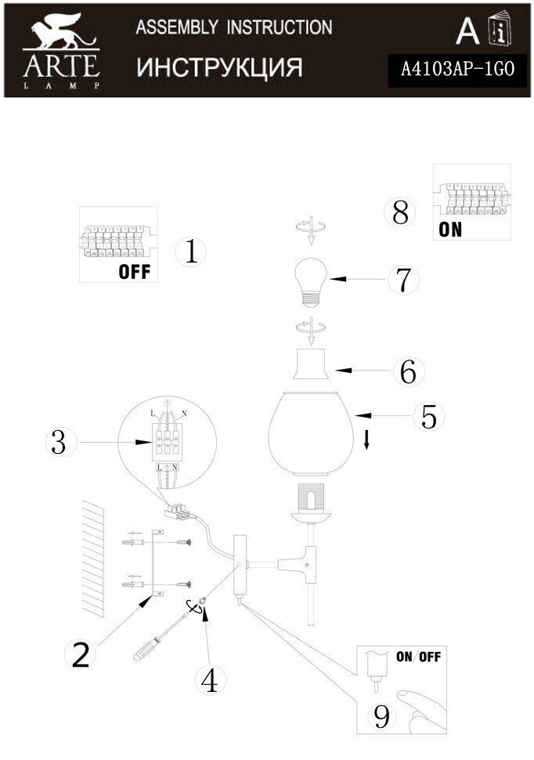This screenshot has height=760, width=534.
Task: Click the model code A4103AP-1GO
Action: tap(456, 70)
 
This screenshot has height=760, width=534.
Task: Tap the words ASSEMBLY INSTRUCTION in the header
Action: tap(233, 27)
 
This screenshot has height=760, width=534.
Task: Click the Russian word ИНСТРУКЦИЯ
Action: tap(219, 68)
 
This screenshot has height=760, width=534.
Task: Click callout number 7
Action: tap(402, 280)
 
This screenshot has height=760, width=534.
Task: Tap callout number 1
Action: tap(191, 252)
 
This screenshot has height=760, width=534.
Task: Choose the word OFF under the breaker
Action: tap(133, 273)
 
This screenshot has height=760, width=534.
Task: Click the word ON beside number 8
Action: tap(450, 230)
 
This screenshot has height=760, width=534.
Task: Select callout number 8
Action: tap(401, 212)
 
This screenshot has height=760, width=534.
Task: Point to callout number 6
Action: tap(407, 371)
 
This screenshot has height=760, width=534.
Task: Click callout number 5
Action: tap(428, 416)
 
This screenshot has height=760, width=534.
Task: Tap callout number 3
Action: tap(57, 443)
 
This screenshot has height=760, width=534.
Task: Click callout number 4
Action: tap(208, 680)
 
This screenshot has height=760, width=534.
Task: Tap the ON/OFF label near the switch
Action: tap(417, 657)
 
